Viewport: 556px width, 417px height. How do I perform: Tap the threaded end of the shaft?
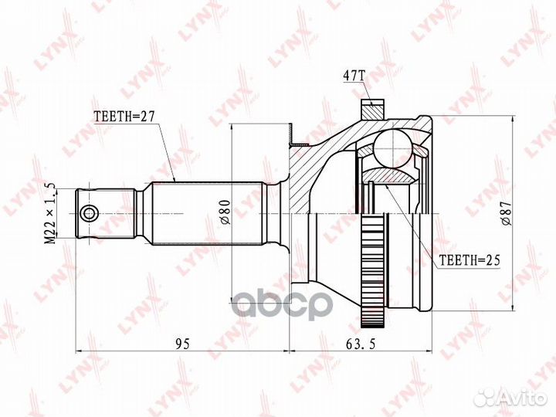coord(108,212)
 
